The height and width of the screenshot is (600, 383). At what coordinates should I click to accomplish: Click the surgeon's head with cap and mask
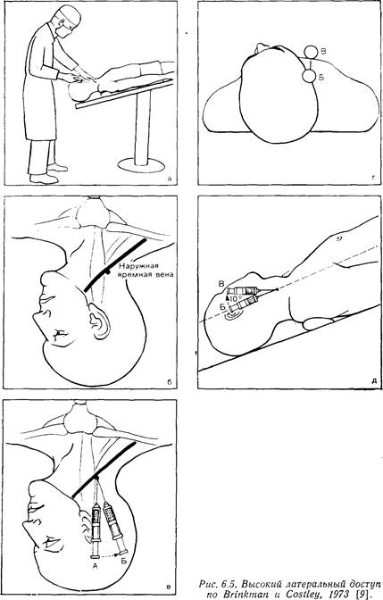pyautogui.click(x=67, y=22)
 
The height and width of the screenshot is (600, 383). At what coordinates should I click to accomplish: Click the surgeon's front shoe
pyautogui.click(x=44, y=179)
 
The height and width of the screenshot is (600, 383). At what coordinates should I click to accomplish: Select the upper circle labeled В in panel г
pyautogui.click(x=311, y=52)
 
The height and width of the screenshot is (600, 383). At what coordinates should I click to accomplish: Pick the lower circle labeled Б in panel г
pyautogui.click(x=308, y=76)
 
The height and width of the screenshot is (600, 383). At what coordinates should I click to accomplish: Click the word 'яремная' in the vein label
pyautogui.click(x=131, y=275)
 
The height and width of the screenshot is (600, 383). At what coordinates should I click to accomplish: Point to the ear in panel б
pyautogui.click(x=98, y=321)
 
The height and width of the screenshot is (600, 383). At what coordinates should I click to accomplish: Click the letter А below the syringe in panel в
pyautogui.click(x=96, y=566)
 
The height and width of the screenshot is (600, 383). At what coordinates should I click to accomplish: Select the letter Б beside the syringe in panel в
pyautogui.click(x=123, y=562)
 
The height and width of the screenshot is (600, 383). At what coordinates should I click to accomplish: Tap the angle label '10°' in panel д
pyautogui.click(x=234, y=297)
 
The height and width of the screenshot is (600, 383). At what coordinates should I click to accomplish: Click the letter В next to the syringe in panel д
pyautogui.click(x=221, y=284)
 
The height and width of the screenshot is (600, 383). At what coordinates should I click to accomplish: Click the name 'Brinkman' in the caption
pyautogui.click(x=238, y=595)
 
